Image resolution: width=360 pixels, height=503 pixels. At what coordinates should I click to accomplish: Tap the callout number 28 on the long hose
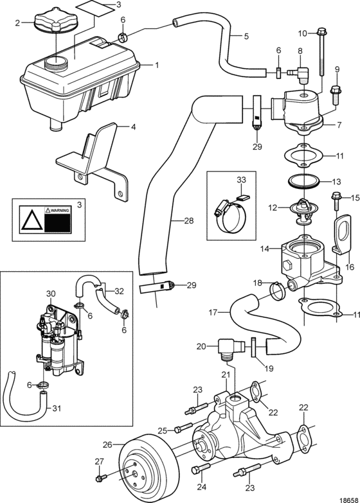(189, 221)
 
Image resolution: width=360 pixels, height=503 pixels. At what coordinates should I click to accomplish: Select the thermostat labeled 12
(300, 211)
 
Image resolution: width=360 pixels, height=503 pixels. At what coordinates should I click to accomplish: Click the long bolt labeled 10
(322, 52)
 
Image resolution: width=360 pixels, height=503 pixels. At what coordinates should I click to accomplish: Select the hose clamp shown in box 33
(230, 216)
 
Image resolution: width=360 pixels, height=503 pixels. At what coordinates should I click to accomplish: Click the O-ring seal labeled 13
(304, 182)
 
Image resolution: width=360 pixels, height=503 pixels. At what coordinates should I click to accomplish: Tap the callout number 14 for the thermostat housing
(266, 249)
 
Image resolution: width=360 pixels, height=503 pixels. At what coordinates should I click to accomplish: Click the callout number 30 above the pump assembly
(51, 294)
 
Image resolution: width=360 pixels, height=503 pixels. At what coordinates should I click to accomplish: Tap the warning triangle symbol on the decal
(32, 220)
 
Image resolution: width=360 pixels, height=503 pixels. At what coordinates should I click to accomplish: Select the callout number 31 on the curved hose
(57, 409)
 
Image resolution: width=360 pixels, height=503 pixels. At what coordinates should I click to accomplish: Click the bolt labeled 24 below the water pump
(201, 469)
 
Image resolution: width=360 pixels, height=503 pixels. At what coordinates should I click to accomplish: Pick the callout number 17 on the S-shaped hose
(213, 312)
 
